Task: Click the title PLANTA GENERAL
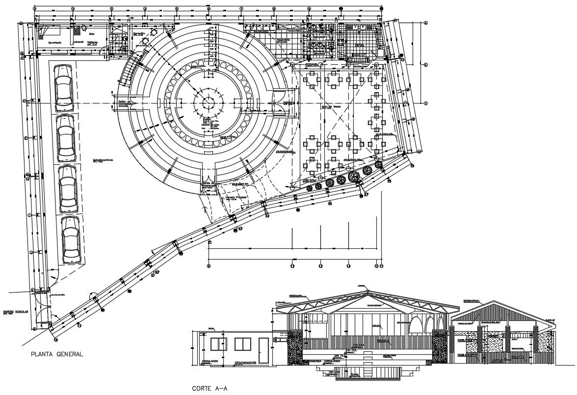coord(57,354)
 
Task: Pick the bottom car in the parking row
coord(71,240)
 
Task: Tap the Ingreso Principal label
coord(236,198)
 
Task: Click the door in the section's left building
coord(263,350)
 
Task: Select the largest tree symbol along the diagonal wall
coord(353,176)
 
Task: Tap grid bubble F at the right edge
coord(426,103)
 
